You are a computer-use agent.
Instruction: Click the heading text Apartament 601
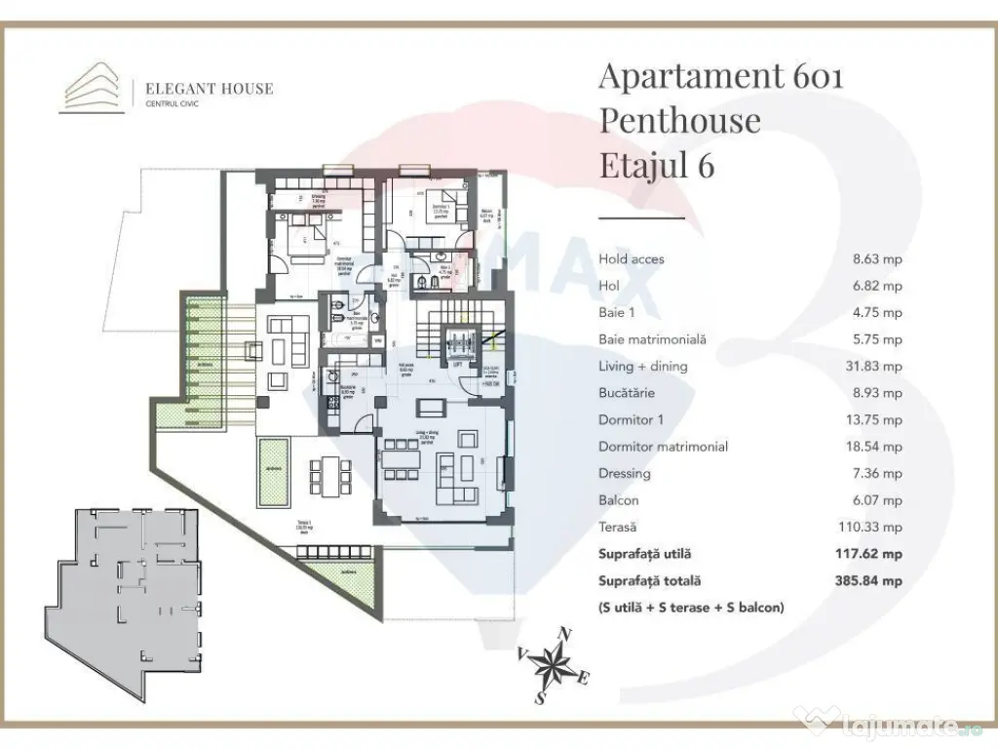(x=720, y=76)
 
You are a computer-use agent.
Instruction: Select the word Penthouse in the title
(x=679, y=121)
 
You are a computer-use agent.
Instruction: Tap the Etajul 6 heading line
(x=656, y=166)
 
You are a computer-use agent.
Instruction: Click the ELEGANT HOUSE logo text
(x=209, y=89)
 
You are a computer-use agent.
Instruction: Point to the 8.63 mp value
(x=877, y=259)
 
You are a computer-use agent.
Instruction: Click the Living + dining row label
(x=643, y=367)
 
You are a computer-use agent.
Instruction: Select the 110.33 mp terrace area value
(x=873, y=527)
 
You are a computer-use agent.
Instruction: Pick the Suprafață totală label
(x=650, y=581)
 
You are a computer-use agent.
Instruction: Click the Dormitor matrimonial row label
(x=664, y=447)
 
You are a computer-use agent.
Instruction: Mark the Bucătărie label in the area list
(x=628, y=393)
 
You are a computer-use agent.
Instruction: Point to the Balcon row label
(x=619, y=500)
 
